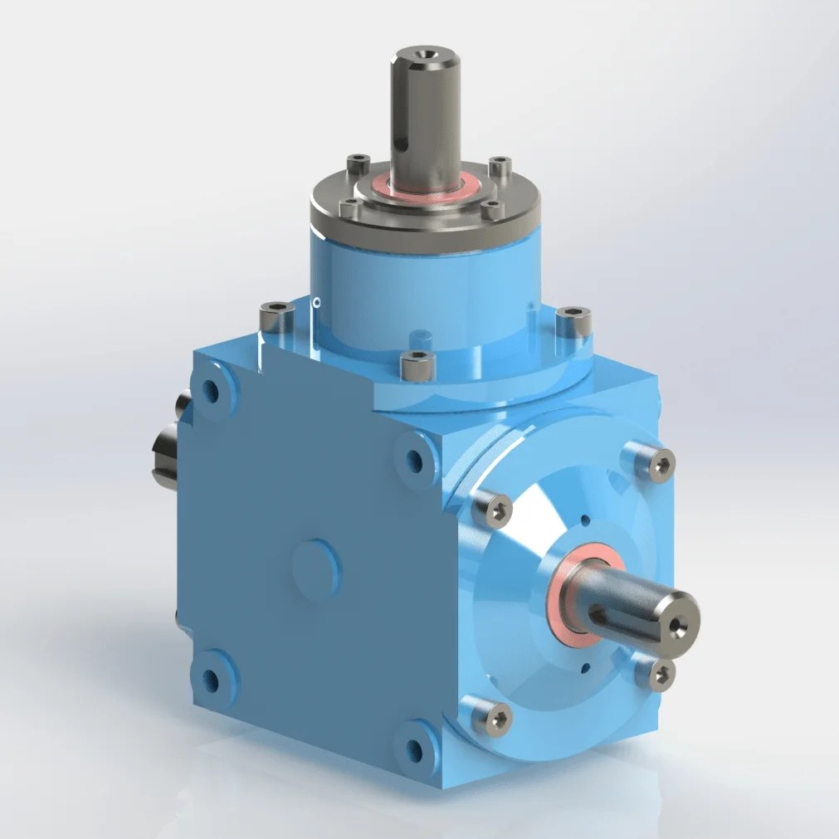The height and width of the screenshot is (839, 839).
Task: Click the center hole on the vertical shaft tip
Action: click(x=426, y=56)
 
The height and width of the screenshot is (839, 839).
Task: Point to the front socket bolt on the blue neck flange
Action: click(x=417, y=363)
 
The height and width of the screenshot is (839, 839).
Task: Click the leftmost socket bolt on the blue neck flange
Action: click(x=275, y=315)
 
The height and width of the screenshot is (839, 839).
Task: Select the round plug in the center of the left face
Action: click(x=316, y=569)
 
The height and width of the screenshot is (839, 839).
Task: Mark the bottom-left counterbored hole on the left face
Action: click(x=210, y=680)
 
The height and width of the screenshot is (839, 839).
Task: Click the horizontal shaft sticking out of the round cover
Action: click(x=639, y=606)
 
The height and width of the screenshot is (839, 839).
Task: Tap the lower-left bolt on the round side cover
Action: click(x=491, y=715)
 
